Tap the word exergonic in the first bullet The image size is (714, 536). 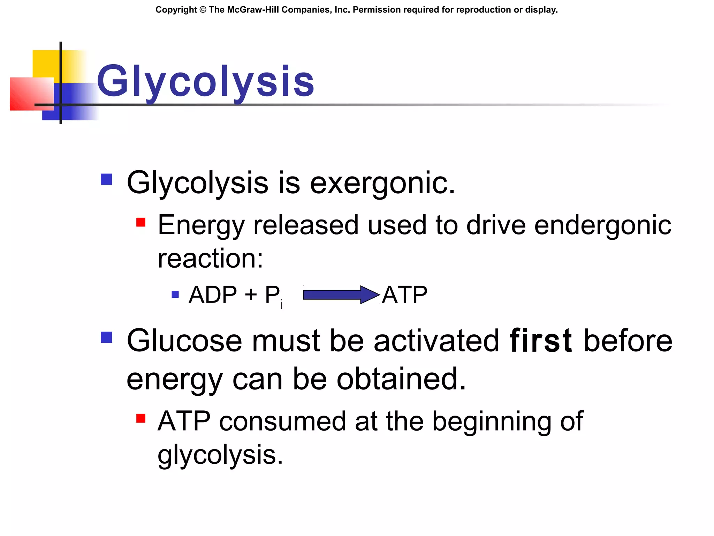click(382, 183)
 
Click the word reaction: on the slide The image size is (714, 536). click(210, 259)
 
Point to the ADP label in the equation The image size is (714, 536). click(213, 295)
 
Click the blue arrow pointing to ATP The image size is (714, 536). click(341, 295)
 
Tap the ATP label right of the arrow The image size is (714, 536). click(404, 295)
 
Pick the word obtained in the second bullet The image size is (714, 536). click(401, 379)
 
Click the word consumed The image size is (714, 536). click(282, 421)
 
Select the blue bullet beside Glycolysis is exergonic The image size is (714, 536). click(106, 179)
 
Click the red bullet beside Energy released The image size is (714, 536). click(141, 222)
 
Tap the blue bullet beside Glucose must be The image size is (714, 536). click(106, 337)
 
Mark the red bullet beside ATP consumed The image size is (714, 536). click(141, 418)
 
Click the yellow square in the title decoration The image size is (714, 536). click(45, 63)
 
